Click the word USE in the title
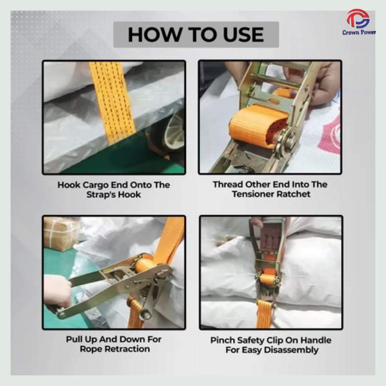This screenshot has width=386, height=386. tap(243, 35)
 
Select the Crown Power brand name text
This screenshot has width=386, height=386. tap(359, 32)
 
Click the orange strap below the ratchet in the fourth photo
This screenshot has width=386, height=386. tap(264, 314)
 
